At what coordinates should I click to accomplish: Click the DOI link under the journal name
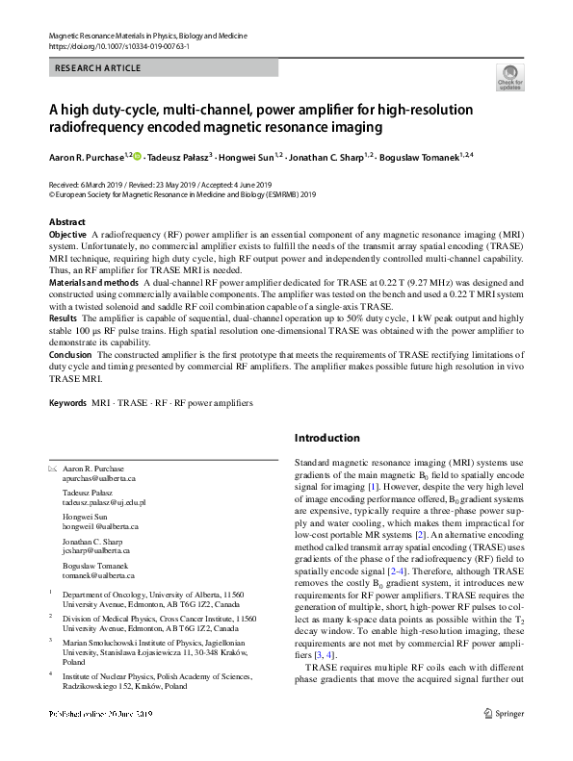[118, 45]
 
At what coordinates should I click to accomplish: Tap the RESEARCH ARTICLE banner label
[99, 68]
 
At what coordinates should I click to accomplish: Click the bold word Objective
[67, 235]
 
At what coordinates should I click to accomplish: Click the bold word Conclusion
[70, 353]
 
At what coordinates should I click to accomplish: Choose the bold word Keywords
[67, 402]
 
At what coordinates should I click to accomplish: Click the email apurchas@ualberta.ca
[99, 478]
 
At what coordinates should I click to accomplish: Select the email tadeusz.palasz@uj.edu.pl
[104, 502]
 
